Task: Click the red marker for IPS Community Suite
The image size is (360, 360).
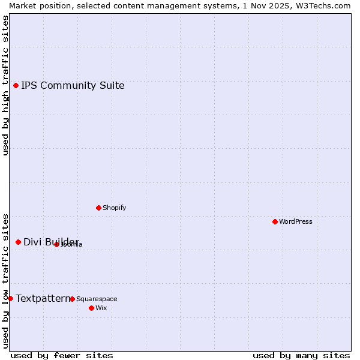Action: [16, 85]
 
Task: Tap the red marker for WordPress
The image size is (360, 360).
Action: [275, 221]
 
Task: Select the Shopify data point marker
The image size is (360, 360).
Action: [98, 208]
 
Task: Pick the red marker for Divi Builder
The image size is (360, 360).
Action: [18, 242]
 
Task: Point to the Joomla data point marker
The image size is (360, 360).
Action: [56, 244]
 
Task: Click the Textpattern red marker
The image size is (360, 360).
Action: [10, 298]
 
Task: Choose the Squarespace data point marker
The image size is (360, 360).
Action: [72, 299]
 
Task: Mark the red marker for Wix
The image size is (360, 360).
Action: [91, 308]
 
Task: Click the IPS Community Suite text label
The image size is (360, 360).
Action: [73, 85]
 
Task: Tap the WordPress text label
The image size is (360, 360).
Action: [296, 221]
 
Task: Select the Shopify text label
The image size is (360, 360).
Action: [114, 208]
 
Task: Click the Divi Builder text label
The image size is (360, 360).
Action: [51, 242]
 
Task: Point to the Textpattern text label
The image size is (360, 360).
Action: [43, 298]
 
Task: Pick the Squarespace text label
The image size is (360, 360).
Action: [97, 299]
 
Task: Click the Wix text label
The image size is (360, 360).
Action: [101, 308]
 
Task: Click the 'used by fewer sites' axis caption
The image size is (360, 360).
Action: [62, 355]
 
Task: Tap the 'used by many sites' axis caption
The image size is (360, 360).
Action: [301, 355]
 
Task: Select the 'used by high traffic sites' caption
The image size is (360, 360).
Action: [6, 85]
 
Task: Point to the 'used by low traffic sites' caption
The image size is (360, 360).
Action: [6, 280]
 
